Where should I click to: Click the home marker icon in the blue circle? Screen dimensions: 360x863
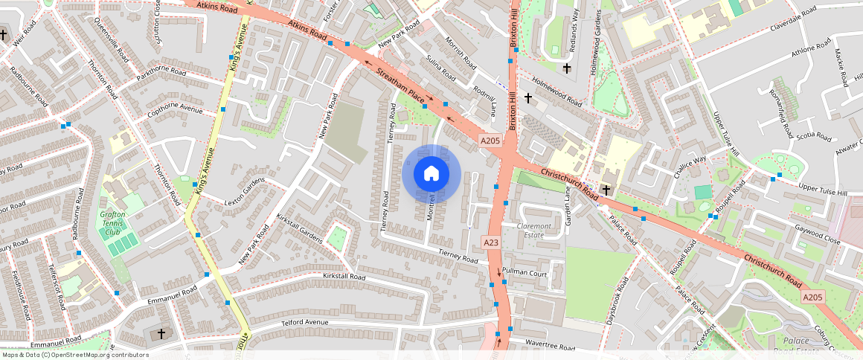(431, 174)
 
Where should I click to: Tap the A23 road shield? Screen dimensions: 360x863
(490, 242)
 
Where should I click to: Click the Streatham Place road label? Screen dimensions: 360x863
(400, 87)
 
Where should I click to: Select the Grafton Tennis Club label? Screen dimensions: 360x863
(113, 223)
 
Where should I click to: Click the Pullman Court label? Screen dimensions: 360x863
(524, 273)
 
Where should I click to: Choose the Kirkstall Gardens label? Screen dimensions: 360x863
(299, 228)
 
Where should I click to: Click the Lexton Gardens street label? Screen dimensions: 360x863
(245, 192)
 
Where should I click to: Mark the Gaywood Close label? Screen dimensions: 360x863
(817, 236)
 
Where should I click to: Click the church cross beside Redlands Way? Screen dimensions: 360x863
(567, 68)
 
